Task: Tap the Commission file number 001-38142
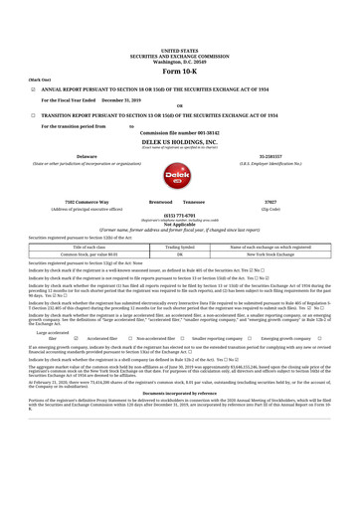tap(179, 132)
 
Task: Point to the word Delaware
tap(90, 155)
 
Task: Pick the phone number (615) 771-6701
tap(179, 215)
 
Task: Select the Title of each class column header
tap(90, 247)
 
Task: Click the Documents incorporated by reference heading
tap(179, 449)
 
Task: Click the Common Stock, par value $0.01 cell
tap(90, 254)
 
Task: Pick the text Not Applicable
tap(179, 225)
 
